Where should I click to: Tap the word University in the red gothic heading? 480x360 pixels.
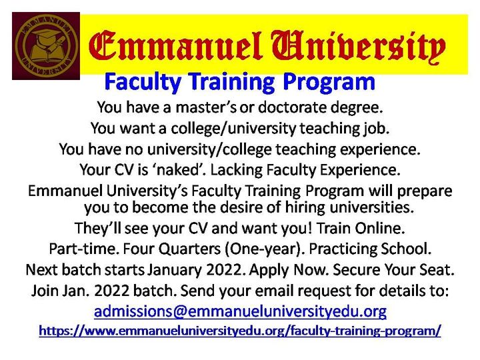click(355, 46)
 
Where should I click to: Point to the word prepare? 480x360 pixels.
click(416, 190)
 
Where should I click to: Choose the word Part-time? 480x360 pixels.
click(80, 249)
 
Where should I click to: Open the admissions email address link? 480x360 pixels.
click(240, 311)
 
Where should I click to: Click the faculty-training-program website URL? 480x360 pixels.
click(240, 330)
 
